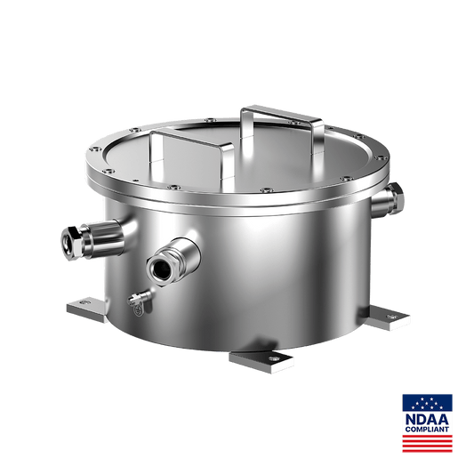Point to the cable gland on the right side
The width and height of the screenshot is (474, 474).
pyautogui.click(x=388, y=199)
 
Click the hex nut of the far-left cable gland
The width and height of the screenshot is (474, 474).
pyautogui.click(x=71, y=243)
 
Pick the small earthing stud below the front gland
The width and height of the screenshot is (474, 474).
pyautogui.click(x=140, y=297)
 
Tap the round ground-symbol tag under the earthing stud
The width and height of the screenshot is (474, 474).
pyautogui.click(x=139, y=310)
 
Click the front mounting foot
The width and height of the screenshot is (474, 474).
pyautogui.click(x=261, y=361)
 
